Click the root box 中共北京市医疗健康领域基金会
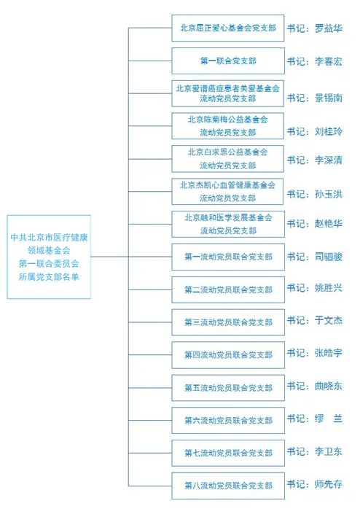pyautogui.click(x=49, y=257)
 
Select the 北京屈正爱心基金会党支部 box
pyautogui.click(x=228, y=28)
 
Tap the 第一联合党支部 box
pyautogui.click(x=228, y=61)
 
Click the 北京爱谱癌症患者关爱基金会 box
pyautogui.click(x=227, y=93)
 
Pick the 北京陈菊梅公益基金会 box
pyautogui.click(x=227, y=126)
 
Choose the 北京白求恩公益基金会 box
pyautogui.click(x=227, y=159)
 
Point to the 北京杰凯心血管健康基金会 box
pyautogui.click(x=227, y=192)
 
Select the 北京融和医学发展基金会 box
pyautogui.click(x=228, y=224)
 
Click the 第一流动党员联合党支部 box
pyautogui.click(x=228, y=257)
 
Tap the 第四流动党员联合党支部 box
pyautogui.click(x=228, y=355)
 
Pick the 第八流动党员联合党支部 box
pyautogui.click(x=228, y=486)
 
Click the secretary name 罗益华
pyautogui.click(x=329, y=28)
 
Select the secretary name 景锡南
pyautogui.click(x=329, y=98)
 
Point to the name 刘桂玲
pyautogui.click(x=329, y=131)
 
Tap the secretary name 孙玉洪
pyautogui.click(x=329, y=194)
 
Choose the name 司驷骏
pyautogui.click(x=329, y=257)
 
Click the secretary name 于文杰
pyautogui.click(x=329, y=321)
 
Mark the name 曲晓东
pyautogui.click(x=329, y=386)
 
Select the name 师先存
pyautogui.click(x=329, y=484)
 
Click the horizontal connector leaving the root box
pyautogui.click(x=109, y=257)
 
